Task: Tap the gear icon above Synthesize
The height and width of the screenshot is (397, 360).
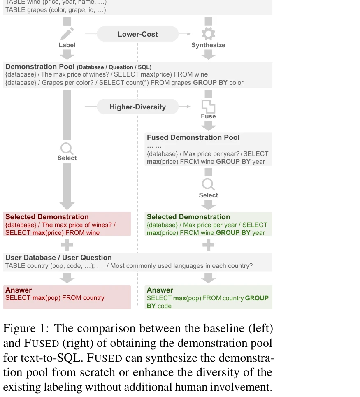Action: click(208, 34)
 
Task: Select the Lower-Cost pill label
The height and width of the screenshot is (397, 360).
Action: click(137, 34)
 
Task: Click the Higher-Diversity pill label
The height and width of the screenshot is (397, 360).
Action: click(137, 107)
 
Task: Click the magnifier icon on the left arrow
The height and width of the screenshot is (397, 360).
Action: click(67, 148)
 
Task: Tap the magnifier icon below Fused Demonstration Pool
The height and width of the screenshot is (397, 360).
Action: click(208, 184)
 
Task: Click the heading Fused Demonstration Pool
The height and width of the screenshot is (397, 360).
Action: click(193, 137)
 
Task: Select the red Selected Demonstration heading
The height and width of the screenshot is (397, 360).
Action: click(47, 217)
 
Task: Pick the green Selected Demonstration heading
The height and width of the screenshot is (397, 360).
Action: click(188, 217)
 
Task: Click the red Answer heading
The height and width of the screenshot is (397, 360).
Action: click(19, 290)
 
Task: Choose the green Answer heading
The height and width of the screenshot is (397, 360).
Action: click(160, 290)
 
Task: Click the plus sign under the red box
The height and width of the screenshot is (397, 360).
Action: click(67, 245)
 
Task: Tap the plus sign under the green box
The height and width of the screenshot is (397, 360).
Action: click(208, 245)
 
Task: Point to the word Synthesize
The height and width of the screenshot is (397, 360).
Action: click(208, 45)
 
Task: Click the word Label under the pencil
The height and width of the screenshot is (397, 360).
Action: click(67, 45)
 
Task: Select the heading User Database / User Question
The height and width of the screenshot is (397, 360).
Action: click(58, 258)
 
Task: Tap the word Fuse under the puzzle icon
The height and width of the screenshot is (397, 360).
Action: click(208, 116)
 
